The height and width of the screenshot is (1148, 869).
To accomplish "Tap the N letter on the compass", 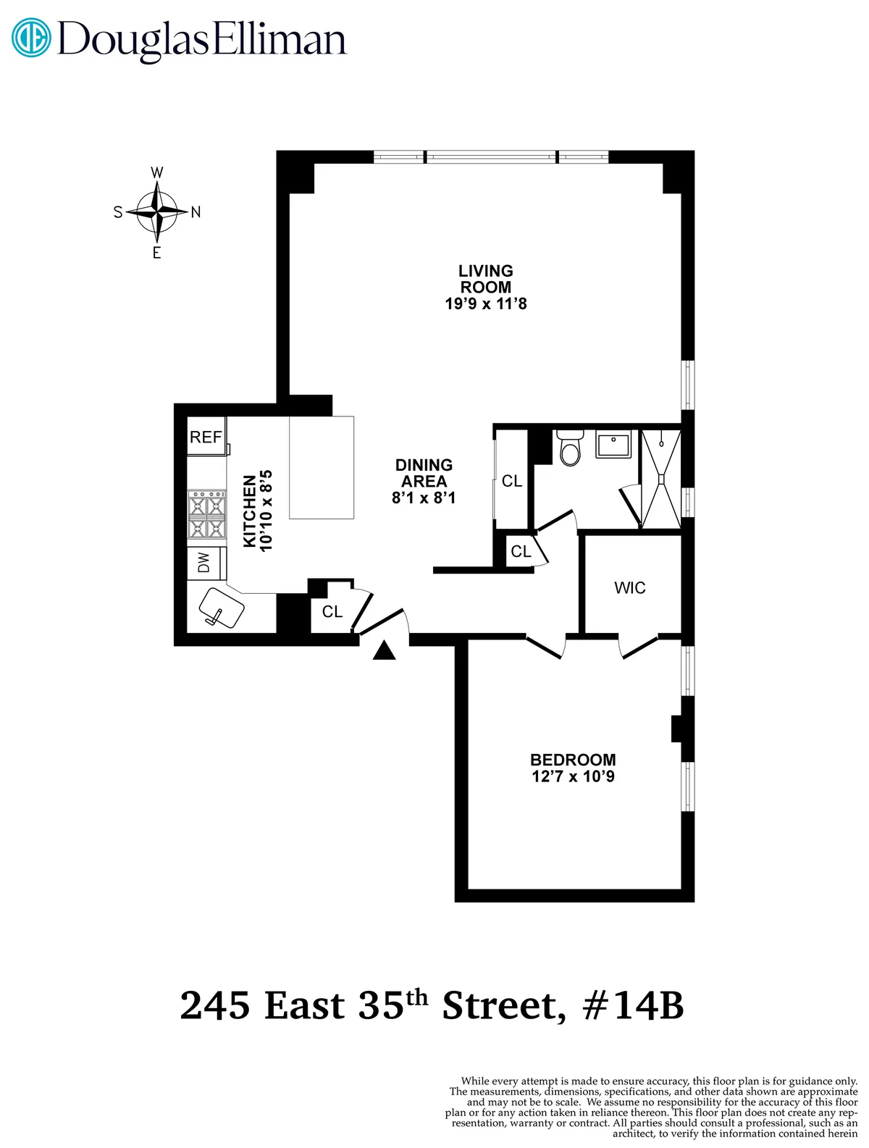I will (196, 212).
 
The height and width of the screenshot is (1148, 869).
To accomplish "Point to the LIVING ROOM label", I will (486, 279).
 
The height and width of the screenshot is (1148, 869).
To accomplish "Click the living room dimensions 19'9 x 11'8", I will (486, 303).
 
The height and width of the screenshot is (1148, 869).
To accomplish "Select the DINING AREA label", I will (424, 473).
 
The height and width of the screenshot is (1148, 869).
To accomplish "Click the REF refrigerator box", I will (206, 436).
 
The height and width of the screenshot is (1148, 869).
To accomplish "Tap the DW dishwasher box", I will (205, 563).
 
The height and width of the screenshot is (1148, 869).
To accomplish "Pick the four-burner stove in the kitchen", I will (206, 514).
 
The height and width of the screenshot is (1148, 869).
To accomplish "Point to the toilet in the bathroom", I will (571, 448).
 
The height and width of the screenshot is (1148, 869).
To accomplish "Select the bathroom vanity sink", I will (613, 443).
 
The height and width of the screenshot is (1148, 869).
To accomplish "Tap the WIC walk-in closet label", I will (630, 587).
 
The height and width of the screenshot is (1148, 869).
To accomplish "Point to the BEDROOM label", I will (573, 760).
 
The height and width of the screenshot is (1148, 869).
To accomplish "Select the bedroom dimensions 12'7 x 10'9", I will (573, 776).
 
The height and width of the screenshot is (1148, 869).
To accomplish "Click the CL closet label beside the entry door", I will (332, 612).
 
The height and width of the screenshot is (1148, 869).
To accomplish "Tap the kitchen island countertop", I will (322, 467).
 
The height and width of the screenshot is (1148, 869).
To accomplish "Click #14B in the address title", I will (633, 1006).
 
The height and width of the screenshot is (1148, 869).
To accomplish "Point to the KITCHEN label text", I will (250, 511).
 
